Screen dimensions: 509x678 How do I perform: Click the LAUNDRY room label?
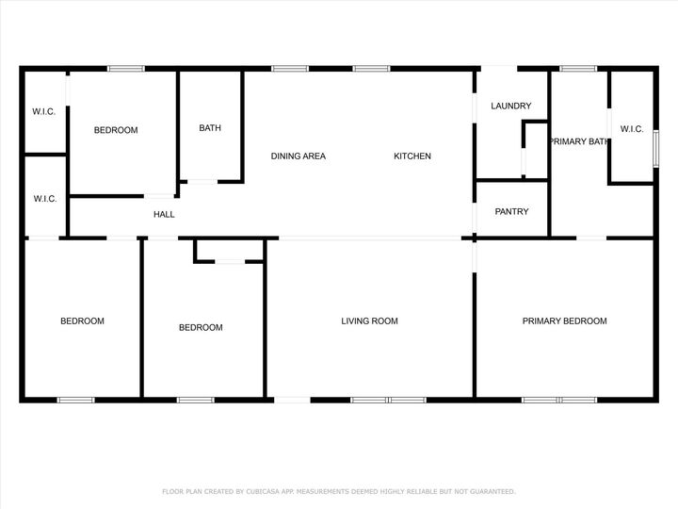click(x=511, y=107)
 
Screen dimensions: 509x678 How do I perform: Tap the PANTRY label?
click(x=511, y=212)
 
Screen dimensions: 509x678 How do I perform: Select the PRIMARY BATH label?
click(x=579, y=141)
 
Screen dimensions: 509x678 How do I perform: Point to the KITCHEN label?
click(x=412, y=156)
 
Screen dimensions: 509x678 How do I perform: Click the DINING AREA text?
click(x=299, y=156)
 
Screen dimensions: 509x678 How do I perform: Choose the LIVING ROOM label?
click(x=369, y=321)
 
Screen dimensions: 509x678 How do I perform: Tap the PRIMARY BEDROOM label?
click(x=564, y=321)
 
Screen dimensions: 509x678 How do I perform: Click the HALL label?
click(x=164, y=215)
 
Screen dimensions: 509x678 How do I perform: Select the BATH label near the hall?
click(x=210, y=129)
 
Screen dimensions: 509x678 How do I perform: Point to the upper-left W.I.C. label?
click(x=44, y=112)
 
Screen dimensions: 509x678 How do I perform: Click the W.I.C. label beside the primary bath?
click(x=631, y=130)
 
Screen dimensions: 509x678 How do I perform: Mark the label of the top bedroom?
click(x=116, y=131)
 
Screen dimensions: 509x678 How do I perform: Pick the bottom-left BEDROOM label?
click(x=82, y=321)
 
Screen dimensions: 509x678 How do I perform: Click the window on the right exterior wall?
click(x=655, y=148)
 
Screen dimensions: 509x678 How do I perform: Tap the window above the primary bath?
click(x=578, y=68)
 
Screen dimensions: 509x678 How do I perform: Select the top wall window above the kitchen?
click(x=372, y=68)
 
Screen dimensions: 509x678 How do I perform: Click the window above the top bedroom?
click(x=125, y=68)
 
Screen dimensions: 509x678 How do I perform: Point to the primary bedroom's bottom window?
click(x=559, y=400)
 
